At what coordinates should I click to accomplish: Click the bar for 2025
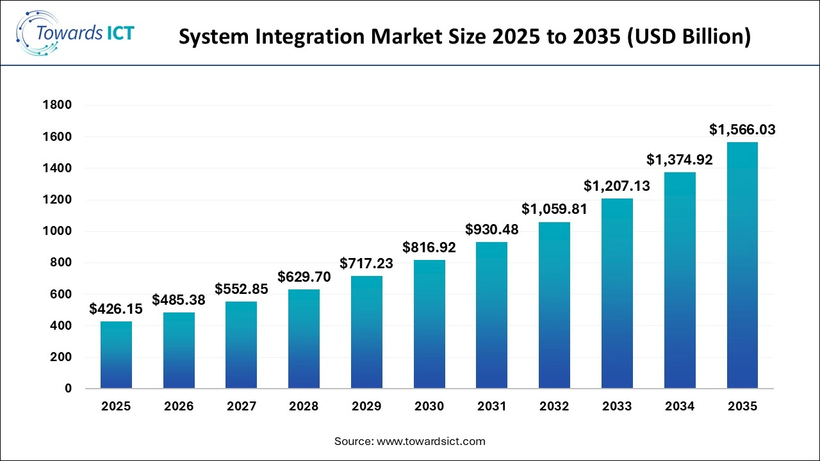(x=116, y=355)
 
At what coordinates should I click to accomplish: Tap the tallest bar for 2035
(x=742, y=265)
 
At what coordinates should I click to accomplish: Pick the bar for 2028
(x=304, y=339)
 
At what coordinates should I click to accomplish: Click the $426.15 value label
(x=116, y=310)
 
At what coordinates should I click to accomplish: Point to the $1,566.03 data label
(x=742, y=130)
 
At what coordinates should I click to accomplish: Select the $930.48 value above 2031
(x=492, y=229)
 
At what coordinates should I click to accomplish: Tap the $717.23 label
(x=366, y=263)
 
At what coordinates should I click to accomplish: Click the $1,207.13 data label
(x=617, y=186)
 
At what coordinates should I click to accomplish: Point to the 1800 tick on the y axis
(x=58, y=105)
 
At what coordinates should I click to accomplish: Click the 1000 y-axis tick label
(x=58, y=231)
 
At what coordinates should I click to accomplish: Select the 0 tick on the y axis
(x=67, y=389)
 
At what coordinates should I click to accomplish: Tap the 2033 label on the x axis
(x=617, y=407)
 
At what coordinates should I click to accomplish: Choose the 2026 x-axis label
(x=179, y=407)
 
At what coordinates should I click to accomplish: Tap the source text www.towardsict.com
(x=432, y=441)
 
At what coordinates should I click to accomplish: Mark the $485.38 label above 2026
(x=179, y=300)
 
